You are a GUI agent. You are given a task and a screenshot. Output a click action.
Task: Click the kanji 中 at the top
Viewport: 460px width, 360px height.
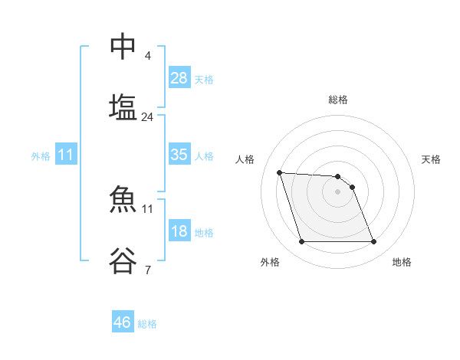coord(123,47)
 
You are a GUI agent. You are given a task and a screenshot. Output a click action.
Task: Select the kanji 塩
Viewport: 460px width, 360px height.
coord(123,106)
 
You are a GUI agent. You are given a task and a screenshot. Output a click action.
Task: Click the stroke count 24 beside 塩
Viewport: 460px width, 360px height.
coord(148,117)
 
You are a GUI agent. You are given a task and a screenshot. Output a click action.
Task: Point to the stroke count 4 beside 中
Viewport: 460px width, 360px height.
coord(148,56)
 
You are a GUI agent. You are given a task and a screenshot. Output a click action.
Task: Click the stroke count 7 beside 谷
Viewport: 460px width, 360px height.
coord(148,270)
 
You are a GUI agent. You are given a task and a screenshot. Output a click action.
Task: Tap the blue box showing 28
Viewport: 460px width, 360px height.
coord(179,78)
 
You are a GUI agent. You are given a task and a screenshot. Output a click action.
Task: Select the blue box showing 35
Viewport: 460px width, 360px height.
coord(179,155)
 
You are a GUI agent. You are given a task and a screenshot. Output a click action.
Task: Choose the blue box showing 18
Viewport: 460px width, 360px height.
coord(179,231)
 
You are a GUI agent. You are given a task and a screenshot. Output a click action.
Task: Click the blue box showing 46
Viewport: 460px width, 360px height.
coord(123,322)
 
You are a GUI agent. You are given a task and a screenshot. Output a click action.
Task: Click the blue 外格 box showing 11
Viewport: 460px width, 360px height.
coord(66,155)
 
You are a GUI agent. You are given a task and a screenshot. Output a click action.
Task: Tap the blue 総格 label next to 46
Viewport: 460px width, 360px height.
coord(147,324)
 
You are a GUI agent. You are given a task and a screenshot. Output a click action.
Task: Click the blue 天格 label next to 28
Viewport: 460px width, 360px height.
coord(204,80)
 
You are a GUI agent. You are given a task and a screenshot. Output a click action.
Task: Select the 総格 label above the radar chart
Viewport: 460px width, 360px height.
coord(337,100)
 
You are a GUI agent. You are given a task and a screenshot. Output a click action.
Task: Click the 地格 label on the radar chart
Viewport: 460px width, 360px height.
coord(402,262)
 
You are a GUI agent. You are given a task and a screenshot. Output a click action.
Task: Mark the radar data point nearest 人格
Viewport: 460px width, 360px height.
coord(280,172)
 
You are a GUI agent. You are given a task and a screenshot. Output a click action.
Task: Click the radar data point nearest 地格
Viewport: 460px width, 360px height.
coord(373,242)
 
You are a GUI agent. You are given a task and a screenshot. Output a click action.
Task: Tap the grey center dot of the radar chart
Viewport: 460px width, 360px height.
coord(337,191)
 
